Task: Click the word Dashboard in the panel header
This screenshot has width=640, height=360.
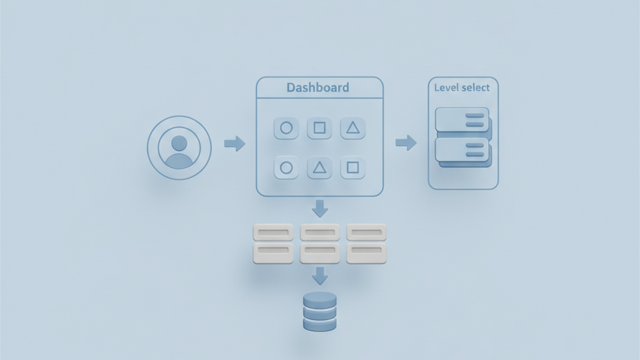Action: pos(317,87)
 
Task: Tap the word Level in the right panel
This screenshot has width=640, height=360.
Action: pos(446,87)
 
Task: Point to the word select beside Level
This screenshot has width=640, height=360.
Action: pos(476,87)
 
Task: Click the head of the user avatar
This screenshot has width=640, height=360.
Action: pos(179,143)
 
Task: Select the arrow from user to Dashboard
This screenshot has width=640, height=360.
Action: pos(234,144)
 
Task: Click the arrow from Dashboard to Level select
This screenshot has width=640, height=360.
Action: pos(406,143)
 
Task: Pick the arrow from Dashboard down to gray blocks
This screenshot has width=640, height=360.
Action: pos(320,208)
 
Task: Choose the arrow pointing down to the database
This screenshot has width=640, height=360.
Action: pos(320,276)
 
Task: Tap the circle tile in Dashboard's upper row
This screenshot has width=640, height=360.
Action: pos(286,128)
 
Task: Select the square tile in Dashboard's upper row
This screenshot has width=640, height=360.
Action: pos(319,128)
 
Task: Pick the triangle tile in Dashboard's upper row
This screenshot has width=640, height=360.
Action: pos(353,128)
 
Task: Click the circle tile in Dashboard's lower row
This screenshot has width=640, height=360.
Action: pos(286,167)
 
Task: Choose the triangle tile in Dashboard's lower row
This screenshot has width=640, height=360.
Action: pos(319,167)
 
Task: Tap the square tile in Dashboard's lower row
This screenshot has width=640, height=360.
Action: pos(353,167)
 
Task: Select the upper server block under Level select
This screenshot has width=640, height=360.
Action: pos(462,120)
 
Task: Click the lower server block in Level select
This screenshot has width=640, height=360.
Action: pos(462,150)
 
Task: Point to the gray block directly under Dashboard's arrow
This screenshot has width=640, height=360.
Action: pos(320,232)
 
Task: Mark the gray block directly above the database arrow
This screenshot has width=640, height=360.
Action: pos(320,252)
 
